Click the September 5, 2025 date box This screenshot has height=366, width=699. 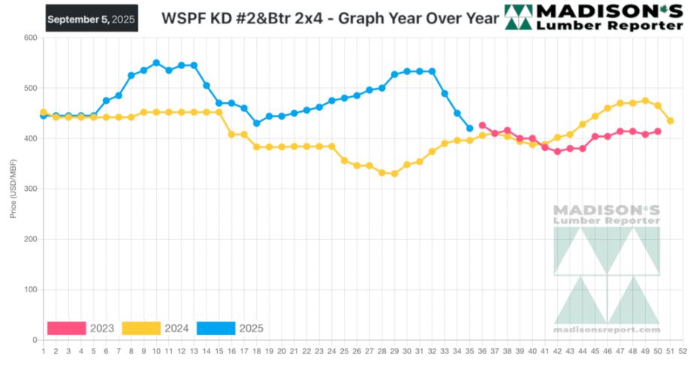coord(91,19)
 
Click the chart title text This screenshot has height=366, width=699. coord(330,18)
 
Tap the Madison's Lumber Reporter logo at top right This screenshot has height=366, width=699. coord(594,17)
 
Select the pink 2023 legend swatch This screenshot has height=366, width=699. coord(66,328)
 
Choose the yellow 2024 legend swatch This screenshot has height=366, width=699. coord(141,328)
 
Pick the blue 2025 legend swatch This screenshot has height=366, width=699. coord(215,328)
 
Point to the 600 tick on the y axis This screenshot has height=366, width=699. coord(31,38)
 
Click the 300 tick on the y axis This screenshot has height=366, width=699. coord(31,189)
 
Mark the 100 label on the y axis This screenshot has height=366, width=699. coord(31,290)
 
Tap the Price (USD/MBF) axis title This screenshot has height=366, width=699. coord(13,189)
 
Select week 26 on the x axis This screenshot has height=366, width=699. coord(357,350)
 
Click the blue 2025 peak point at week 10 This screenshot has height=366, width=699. coord(156,63)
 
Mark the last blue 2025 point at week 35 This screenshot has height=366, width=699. coord(469,129)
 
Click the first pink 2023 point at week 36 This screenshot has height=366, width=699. coord(482,126)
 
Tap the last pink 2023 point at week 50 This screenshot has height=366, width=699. coord(658,132)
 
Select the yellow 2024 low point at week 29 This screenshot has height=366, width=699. coord(394,174)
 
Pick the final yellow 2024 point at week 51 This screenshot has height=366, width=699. coord(670,121)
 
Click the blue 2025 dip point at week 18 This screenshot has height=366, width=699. coord(256,123)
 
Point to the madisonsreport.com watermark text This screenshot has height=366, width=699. coord(607,329)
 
